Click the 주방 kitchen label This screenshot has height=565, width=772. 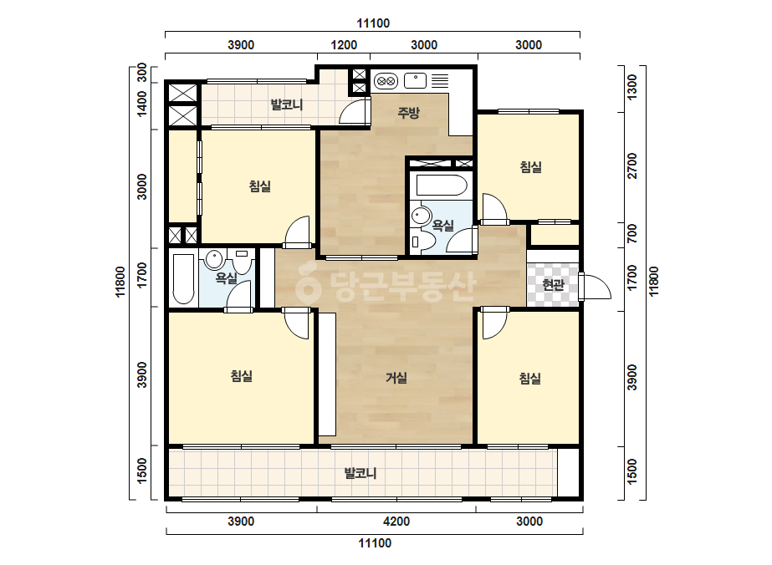click(409, 113)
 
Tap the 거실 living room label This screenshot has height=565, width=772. click(396, 378)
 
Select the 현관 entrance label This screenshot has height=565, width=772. click(553, 284)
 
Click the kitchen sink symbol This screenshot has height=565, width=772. click(415, 80)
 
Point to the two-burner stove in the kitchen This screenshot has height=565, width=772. click(386, 81)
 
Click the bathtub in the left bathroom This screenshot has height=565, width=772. click(184, 278)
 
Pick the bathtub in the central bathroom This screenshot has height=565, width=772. click(442, 186)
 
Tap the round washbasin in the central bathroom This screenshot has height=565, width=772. click(422, 216)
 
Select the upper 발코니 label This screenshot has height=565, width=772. click(287, 104)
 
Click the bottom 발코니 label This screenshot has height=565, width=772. click(360, 473)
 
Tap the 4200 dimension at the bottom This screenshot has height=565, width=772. click(396, 522)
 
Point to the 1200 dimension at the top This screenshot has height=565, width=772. click(344, 45)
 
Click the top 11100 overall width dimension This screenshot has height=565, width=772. click(373, 23)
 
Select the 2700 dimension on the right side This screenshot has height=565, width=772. click(631, 165)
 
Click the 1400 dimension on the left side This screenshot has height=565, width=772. click(142, 104)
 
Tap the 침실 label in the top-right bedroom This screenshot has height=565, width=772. click(531, 167)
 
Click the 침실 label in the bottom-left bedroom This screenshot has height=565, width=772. click(241, 376)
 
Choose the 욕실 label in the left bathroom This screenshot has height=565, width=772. click(227, 278)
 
